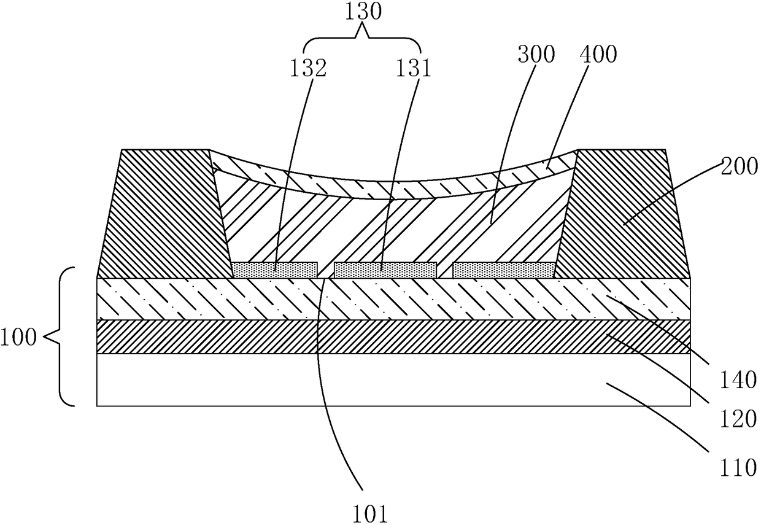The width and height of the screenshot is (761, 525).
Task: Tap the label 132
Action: click(x=308, y=68)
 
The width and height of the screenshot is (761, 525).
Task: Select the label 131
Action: click(x=413, y=68)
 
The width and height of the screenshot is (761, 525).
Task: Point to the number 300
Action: click(x=536, y=55)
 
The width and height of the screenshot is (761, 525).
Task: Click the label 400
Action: click(x=598, y=55)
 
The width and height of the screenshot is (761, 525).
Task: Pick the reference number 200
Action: click(x=740, y=167)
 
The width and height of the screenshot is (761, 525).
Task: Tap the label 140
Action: click(x=738, y=379)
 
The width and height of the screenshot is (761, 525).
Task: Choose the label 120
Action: click(x=738, y=419)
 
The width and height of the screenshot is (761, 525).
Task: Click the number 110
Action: click(x=738, y=467)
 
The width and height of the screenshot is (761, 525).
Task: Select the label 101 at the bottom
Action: click(x=370, y=514)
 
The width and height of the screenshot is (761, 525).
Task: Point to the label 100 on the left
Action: click(x=18, y=338)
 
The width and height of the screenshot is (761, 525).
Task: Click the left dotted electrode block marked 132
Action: click(x=275, y=270)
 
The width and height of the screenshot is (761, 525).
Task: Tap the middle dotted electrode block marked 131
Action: click(x=385, y=270)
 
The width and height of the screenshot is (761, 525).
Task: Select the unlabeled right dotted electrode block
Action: click(x=504, y=270)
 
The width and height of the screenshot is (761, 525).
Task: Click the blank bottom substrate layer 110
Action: click(x=394, y=380)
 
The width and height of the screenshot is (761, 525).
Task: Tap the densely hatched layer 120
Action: click(x=394, y=336)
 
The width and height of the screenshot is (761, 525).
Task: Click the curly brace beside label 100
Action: click(x=61, y=336)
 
